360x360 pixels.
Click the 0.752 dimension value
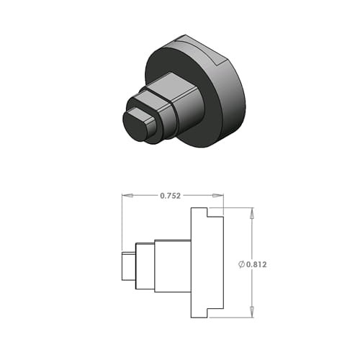tap(170, 196)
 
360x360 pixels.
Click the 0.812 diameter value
tap(256, 264)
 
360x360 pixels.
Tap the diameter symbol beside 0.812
tap(241, 264)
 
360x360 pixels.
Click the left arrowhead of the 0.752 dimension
tap(127, 196)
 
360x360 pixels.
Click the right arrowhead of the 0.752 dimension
tap(218, 196)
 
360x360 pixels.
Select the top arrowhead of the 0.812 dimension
tap(252, 213)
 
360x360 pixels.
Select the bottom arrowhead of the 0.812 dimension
tap(252, 312)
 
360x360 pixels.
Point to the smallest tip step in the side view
tap(129, 266)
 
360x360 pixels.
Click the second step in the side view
tap(145, 266)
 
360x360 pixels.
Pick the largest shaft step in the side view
tap(173, 266)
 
